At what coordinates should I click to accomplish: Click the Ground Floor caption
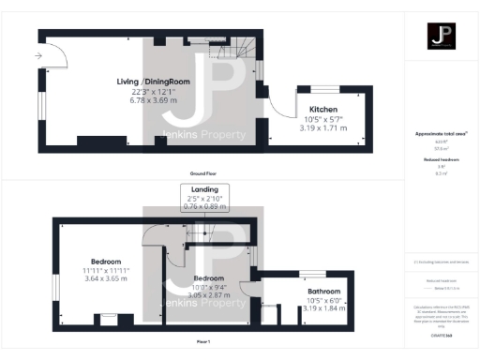[x=203, y=174]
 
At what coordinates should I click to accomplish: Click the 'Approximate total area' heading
[x=441, y=133]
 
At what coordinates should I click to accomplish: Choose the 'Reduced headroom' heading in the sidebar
[x=441, y=160]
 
